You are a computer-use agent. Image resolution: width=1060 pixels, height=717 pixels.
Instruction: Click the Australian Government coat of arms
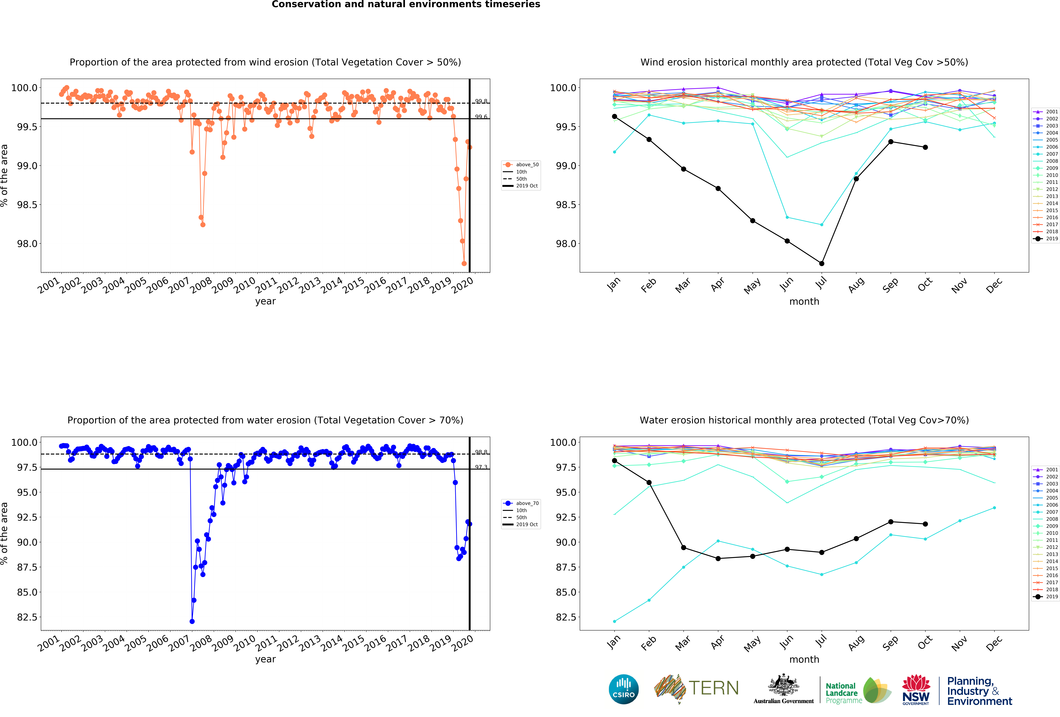[783, 685]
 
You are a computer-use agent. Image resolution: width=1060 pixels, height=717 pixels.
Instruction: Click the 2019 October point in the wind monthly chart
[925, 147]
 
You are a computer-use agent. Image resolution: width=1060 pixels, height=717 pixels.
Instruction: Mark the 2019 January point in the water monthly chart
[614, 460]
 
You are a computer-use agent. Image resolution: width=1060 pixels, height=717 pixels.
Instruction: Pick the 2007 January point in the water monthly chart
[614, 621]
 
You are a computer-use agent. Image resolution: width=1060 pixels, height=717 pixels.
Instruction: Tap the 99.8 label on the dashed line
[481, 101]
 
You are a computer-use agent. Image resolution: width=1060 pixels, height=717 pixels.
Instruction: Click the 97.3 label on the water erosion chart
[481, 467]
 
